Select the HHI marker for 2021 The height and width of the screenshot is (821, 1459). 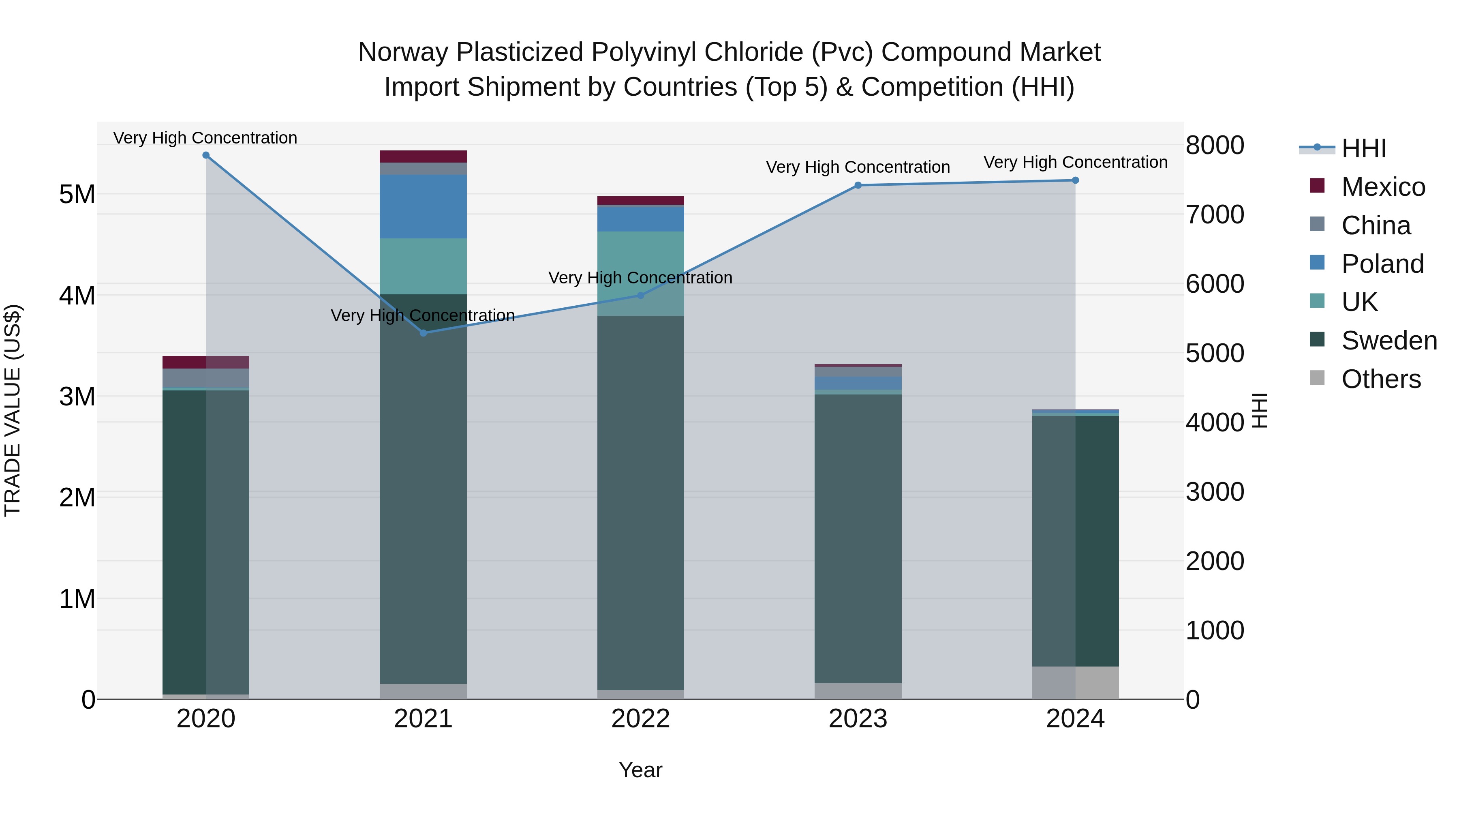[x=423, y=332]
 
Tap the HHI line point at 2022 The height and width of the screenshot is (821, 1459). [x=641, y=295]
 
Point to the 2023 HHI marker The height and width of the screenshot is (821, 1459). [x=858, y=185]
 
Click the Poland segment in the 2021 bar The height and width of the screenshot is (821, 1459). [x=423, y=206]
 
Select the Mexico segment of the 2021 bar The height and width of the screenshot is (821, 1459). [x=423, y=156]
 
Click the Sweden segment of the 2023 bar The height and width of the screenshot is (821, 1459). [x=858, y=538]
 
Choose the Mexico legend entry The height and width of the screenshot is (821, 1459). [x=1382, y=187]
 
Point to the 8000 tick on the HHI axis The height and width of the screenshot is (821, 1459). [x=1215, y=145]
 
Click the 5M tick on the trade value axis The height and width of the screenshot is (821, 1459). [x=77, y=194]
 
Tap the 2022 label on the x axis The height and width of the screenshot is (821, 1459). [x=641, y=719]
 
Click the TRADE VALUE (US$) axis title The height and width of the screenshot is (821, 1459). [x=13, y=410]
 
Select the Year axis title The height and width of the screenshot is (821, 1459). [x=641, y=770]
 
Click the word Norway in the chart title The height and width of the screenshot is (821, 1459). [x=403, y=52]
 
